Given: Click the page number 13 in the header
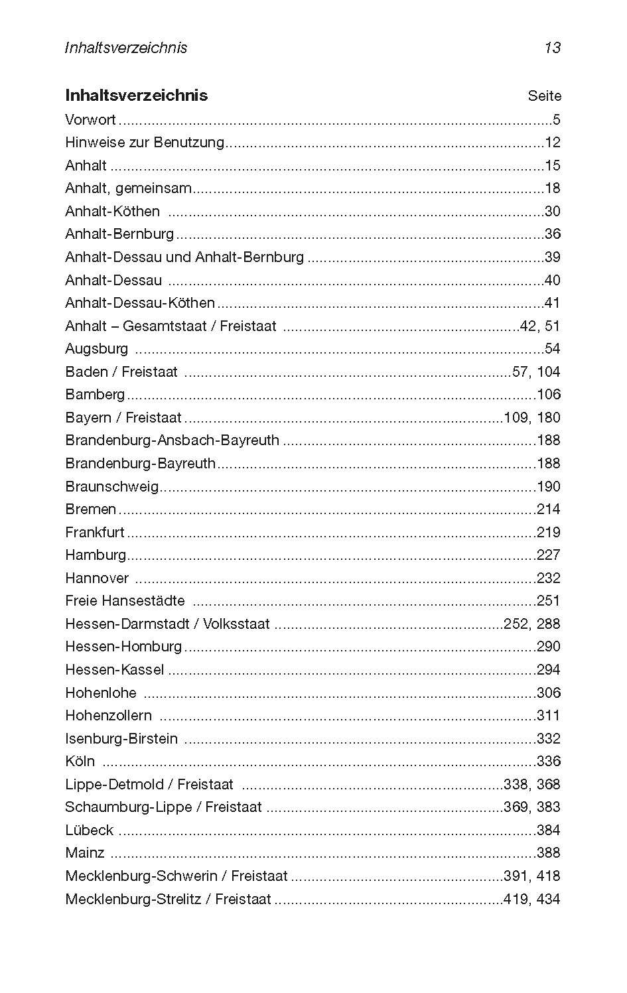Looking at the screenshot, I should [552, 48].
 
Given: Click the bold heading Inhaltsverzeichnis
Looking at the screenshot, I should [136, 96].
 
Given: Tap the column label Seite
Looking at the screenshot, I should [544, 96].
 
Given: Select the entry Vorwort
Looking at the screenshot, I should [90, 120].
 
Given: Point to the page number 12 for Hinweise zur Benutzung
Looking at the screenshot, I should [553, 143].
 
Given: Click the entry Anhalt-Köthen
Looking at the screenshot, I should [112, 212].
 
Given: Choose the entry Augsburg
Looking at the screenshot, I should [96, 349].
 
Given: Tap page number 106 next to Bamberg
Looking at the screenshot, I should [549, 395].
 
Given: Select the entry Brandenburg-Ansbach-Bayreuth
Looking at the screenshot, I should [172, 440].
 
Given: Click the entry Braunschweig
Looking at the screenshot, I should [111, 487].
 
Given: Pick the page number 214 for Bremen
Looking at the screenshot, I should [549, 509].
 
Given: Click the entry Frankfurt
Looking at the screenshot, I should [95, 533].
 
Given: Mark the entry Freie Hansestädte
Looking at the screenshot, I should [125, 601].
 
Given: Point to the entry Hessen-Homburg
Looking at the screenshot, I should [123, 647].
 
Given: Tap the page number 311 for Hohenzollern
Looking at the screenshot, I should [549, 716].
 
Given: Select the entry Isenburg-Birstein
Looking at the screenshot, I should [121, 739].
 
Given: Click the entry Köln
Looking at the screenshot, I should [80, 761].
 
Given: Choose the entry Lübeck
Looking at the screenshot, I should [89, 830].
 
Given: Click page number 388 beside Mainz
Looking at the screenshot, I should [549, 853].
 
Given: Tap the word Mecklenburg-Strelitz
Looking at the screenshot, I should [135, 899].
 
